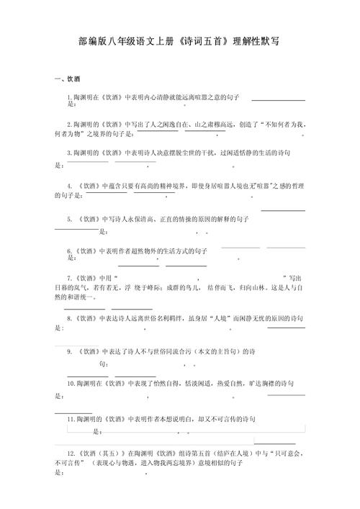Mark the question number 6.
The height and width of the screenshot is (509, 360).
pyautogui.click(x=69, y=251)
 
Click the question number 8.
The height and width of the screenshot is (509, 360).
pyautogui.click(x=69, y=317)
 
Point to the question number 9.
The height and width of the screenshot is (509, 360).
pyautogui.click(x=69, y=352)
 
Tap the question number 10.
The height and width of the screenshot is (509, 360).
pyautogui.click(x=71, y=384)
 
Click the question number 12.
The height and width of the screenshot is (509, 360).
pyautogui.click(x=71, y=454)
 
